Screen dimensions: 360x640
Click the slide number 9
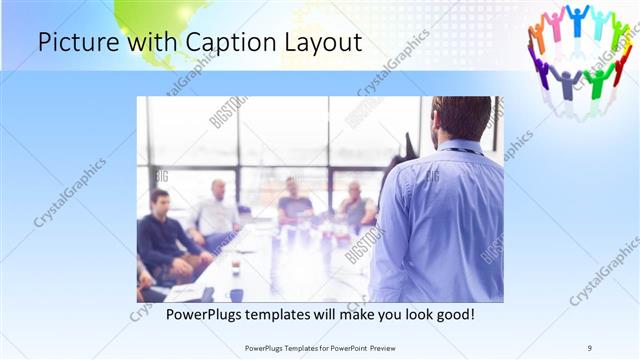click(x=589, y=347)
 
